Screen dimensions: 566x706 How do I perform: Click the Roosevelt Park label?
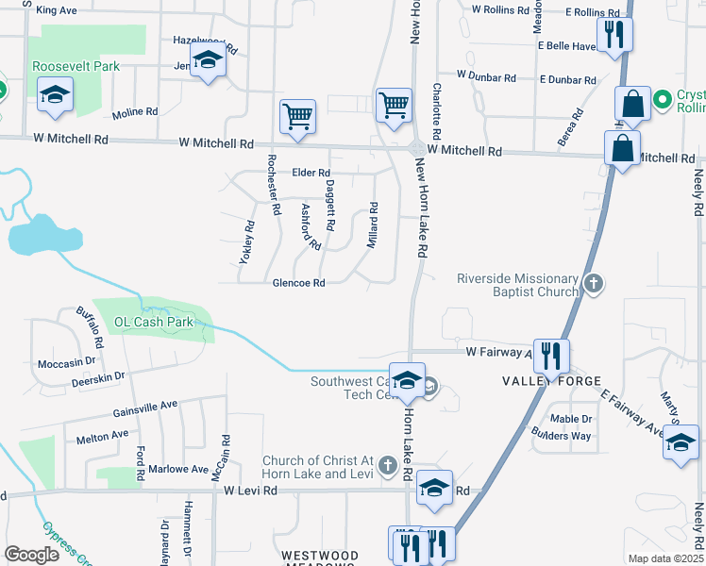coord(76,67)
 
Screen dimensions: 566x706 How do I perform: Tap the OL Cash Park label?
coord(154,322)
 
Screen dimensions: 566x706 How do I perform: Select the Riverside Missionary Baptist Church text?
coord(516,285)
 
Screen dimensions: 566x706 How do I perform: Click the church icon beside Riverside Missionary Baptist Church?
coord(593,281)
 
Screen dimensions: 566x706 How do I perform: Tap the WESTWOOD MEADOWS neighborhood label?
coord(320,559)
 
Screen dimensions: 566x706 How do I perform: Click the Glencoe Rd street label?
coord(298,283)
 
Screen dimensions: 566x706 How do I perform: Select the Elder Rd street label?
coord(311,173)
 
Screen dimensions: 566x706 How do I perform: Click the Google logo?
coord(31,555)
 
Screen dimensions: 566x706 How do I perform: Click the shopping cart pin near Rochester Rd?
coord(297,118)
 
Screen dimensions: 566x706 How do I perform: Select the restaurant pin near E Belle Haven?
coord(615,36)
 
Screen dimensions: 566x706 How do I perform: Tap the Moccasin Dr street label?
coord(67,362)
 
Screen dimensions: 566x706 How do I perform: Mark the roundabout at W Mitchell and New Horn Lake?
coord(415,148)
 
